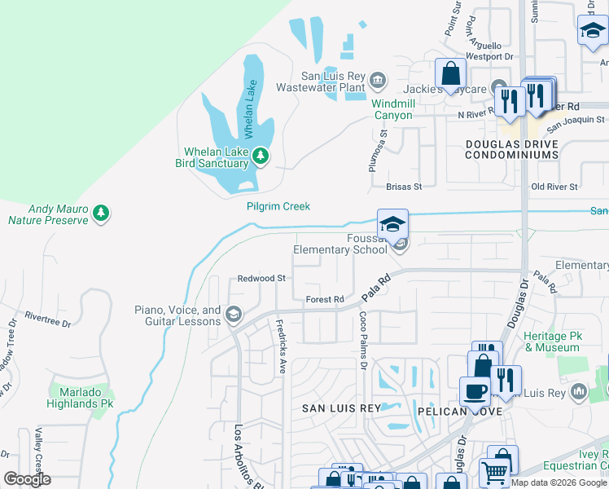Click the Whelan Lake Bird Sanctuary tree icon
point(260,156)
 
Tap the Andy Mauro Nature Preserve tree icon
point(101,214)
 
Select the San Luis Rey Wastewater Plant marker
point(377,80)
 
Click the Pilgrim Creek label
point(278,206)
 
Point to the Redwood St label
point(261,278)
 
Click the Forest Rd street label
point(324,299)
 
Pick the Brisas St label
point(403,187)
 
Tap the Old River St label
point(554,187)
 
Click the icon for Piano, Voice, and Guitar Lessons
point(233,315)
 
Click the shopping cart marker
point(494,472)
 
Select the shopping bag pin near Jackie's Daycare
point(450,74)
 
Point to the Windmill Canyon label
point(394,109)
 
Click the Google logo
point(28,479)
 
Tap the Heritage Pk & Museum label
point(552,341)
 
